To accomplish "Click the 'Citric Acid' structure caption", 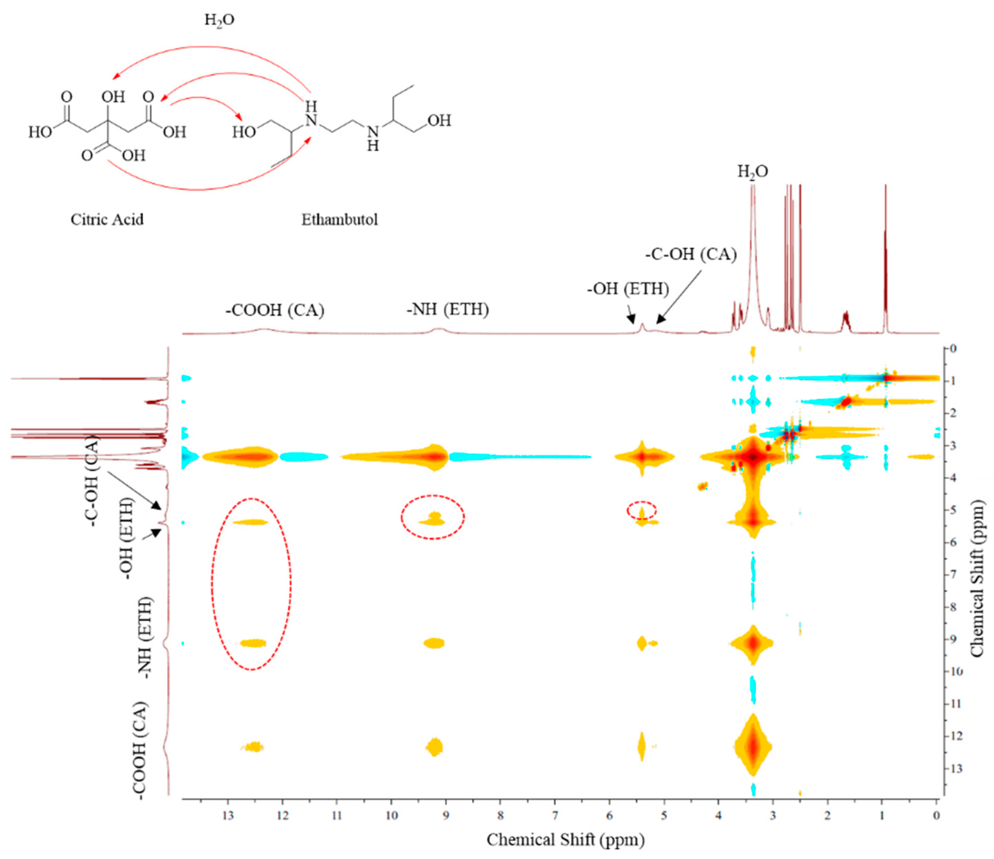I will coord(107,220).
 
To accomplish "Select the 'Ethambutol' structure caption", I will coord(339,220).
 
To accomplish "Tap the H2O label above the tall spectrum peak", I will coord(752,172).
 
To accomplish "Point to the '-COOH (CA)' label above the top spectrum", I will coord(275,310).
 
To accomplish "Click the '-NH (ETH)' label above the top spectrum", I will coord(448,309).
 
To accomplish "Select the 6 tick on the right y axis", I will coord(954,542).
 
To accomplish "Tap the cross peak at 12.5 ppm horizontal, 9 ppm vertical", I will coord(253,644).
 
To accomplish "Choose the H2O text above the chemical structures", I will coord(219,20).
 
